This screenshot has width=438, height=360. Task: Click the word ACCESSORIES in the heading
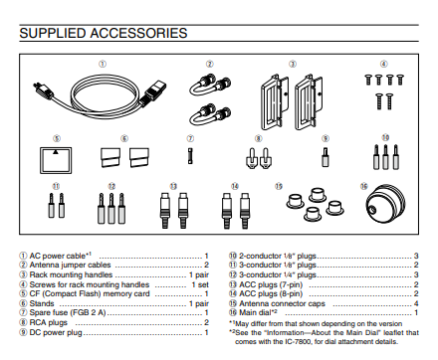(138, 33)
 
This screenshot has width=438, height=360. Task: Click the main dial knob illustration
(386, 205)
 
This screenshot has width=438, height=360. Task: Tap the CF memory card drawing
(56, 160)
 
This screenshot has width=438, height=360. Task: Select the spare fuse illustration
(190, 156)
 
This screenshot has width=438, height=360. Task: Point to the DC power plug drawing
(326, 157)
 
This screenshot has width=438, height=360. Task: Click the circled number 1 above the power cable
(103, 64)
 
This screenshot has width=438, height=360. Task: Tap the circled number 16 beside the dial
(364, 186)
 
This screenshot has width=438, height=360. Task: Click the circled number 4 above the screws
(383, 64)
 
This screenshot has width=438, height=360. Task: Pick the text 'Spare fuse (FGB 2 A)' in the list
(68, 312)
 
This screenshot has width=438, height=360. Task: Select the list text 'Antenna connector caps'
(282, 303)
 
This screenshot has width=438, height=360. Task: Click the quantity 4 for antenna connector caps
(416, 303)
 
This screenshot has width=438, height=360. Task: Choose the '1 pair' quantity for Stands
(199, 303)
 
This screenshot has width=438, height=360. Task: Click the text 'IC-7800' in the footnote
(300, 341)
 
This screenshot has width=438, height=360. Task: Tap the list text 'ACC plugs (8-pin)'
(271, 293)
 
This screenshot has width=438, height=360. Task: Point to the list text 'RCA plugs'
(49, 322)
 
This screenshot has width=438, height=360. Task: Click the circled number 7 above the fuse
(190, 138)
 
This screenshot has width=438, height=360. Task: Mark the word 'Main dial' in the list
(255, 312)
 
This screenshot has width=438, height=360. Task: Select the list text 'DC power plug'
(56, 332)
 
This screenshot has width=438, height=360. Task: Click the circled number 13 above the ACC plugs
(173, 186)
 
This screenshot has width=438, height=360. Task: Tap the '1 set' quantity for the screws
(200, 284)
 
